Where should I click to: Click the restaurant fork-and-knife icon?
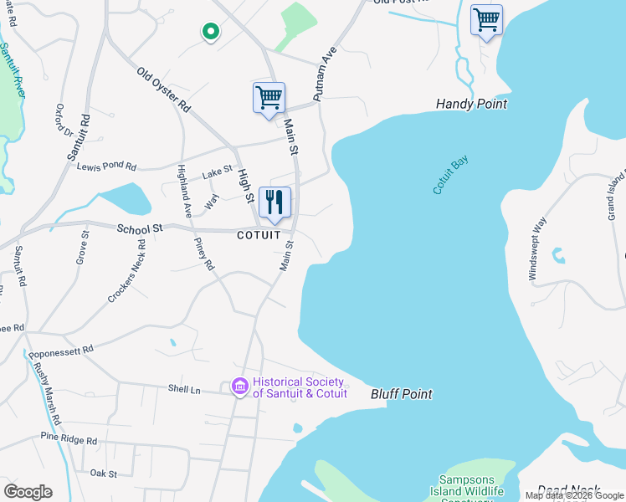[275, 202]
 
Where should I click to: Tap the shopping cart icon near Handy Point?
[486, 19]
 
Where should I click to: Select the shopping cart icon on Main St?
[269, 98]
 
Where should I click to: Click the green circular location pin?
[211, 32]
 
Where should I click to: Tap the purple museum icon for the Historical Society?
[239, 387]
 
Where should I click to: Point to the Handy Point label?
[471, 105]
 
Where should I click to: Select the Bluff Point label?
[402, 393]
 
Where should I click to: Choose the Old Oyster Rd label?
[165, 90]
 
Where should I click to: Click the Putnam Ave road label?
[325, 76]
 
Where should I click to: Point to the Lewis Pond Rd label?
[106, 166]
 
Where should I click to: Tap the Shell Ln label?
[184, 390]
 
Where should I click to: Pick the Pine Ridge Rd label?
[69, 439]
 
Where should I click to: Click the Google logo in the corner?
[28, 491]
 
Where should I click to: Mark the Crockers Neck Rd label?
[126, 272]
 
